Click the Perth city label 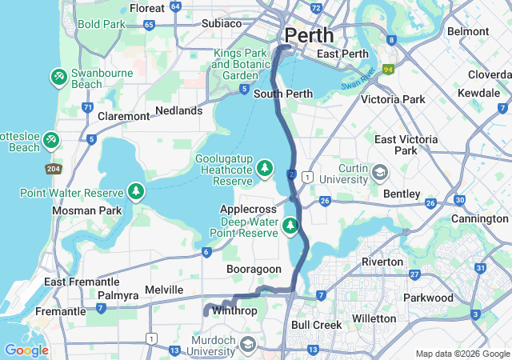pyautogui.click(x=309, y=36)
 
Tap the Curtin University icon pyautogui.click(x=380, y=172)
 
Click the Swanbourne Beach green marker pyautogui.click(x=58, y=78)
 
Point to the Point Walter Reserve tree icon pyautogui.click(x=137, y=193)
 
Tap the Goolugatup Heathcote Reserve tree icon pyautogui.click(x=265, y=169)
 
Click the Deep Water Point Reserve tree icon pyautogui.click(x=290, y=226)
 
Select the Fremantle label pyautogui.click(x=60, y=311)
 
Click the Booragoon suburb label pyautogui.click(x=254, y=270)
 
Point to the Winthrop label pyautogui.click(x=234, y=310)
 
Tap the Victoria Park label pyautogui.click(x=393, y=100)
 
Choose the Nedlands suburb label pyautogui.click(x=179, y=110)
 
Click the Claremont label pyautogui.click(x=123, y=116)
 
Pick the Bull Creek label pyautogui.click(x=316, y=325)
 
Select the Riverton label pyautogui.click(x=382, y=262)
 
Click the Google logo pyautogui.click(x=26, y=350)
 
